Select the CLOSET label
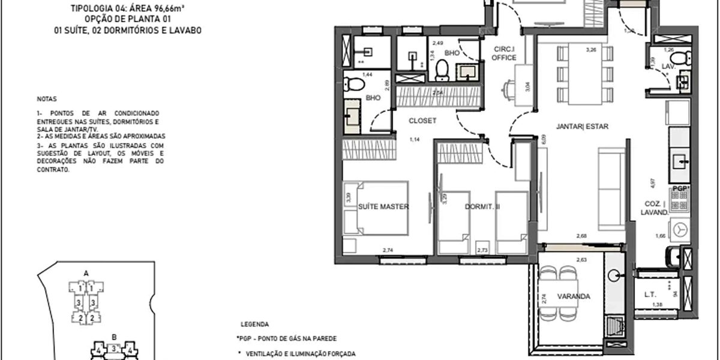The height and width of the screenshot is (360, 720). [422, 121]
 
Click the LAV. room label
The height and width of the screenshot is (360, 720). [668, 67]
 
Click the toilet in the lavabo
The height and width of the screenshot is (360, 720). [679, 58]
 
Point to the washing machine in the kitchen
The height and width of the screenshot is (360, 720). [679, 229]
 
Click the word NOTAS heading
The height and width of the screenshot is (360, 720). [45, 97]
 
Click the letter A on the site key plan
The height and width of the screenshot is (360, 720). [86, 273]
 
